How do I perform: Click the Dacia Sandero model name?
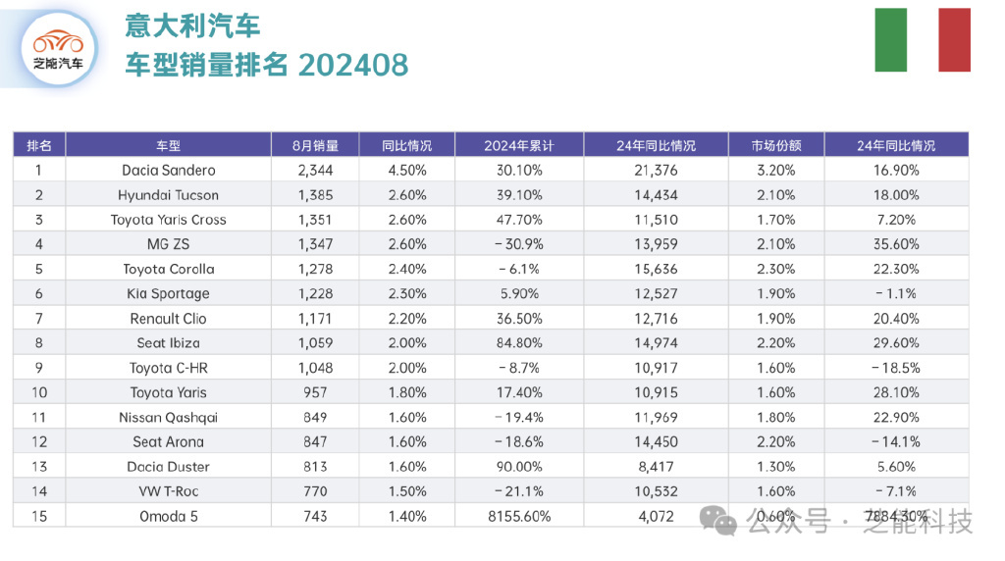point(168,171)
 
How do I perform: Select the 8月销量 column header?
point(315,145)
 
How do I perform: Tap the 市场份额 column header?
point(776,145)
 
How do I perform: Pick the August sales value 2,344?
point(315,171)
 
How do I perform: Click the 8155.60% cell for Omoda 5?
point(518,516)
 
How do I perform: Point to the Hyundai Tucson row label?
point(168,195)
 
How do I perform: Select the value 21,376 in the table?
point(655,171)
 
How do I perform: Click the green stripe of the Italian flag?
point(890,40)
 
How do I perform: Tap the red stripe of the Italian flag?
point(954,40)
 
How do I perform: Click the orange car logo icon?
point(58,42)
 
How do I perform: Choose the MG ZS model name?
point(168,244)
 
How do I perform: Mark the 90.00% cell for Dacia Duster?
point(518,467)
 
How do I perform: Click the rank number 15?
point(39,516)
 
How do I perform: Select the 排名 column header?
point(39,145)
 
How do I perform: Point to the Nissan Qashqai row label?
point(168,417)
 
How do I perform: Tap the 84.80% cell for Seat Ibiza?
point(518,343)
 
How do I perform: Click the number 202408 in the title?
point(352,65)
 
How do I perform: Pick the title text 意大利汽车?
point(192,25)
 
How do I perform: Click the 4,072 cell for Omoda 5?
point(655,516)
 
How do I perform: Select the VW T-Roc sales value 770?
point(315,491)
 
